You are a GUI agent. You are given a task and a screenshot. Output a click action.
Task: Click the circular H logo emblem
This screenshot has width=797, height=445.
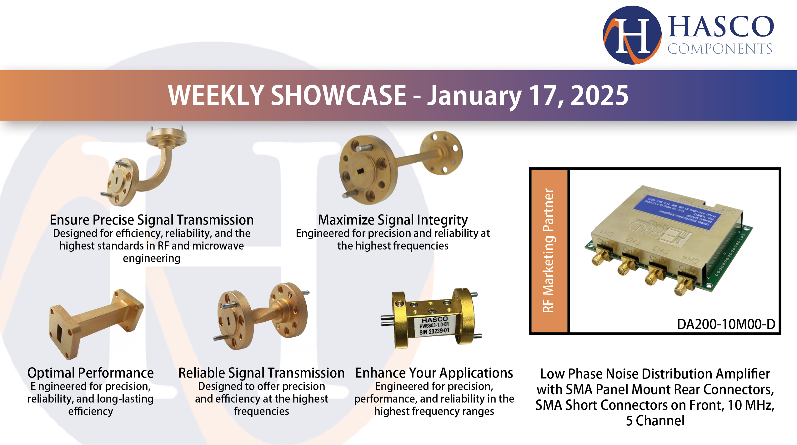[x=632, y=35]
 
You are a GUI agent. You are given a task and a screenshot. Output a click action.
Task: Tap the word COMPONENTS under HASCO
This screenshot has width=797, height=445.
[x=720, y=49]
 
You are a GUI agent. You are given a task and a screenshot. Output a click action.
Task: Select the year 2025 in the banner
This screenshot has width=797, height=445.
[x=599, y=96]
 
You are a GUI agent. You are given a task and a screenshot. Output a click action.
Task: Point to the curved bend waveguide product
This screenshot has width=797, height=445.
[x=147, y=169]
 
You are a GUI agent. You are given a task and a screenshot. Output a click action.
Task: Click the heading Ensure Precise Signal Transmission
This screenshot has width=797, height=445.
[x=152, y=220]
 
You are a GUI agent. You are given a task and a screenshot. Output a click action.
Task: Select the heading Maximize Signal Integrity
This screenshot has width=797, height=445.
[x=393, y=220]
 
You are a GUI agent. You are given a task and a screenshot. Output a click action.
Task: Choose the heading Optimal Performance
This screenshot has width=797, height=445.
[x=90, y=373]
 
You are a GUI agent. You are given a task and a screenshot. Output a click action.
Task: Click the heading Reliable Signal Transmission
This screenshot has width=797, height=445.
[x=261, y=373]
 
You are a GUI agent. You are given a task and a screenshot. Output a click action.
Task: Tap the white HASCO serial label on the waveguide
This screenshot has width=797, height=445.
[x=434, y=326]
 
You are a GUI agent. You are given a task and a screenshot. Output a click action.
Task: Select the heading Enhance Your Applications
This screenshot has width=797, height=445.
[x=434, y=373]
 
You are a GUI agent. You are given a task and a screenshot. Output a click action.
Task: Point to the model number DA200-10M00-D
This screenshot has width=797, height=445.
[x=726, y=324]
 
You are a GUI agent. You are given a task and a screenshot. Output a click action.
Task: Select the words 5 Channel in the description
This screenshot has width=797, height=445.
[x=655, y=421]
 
